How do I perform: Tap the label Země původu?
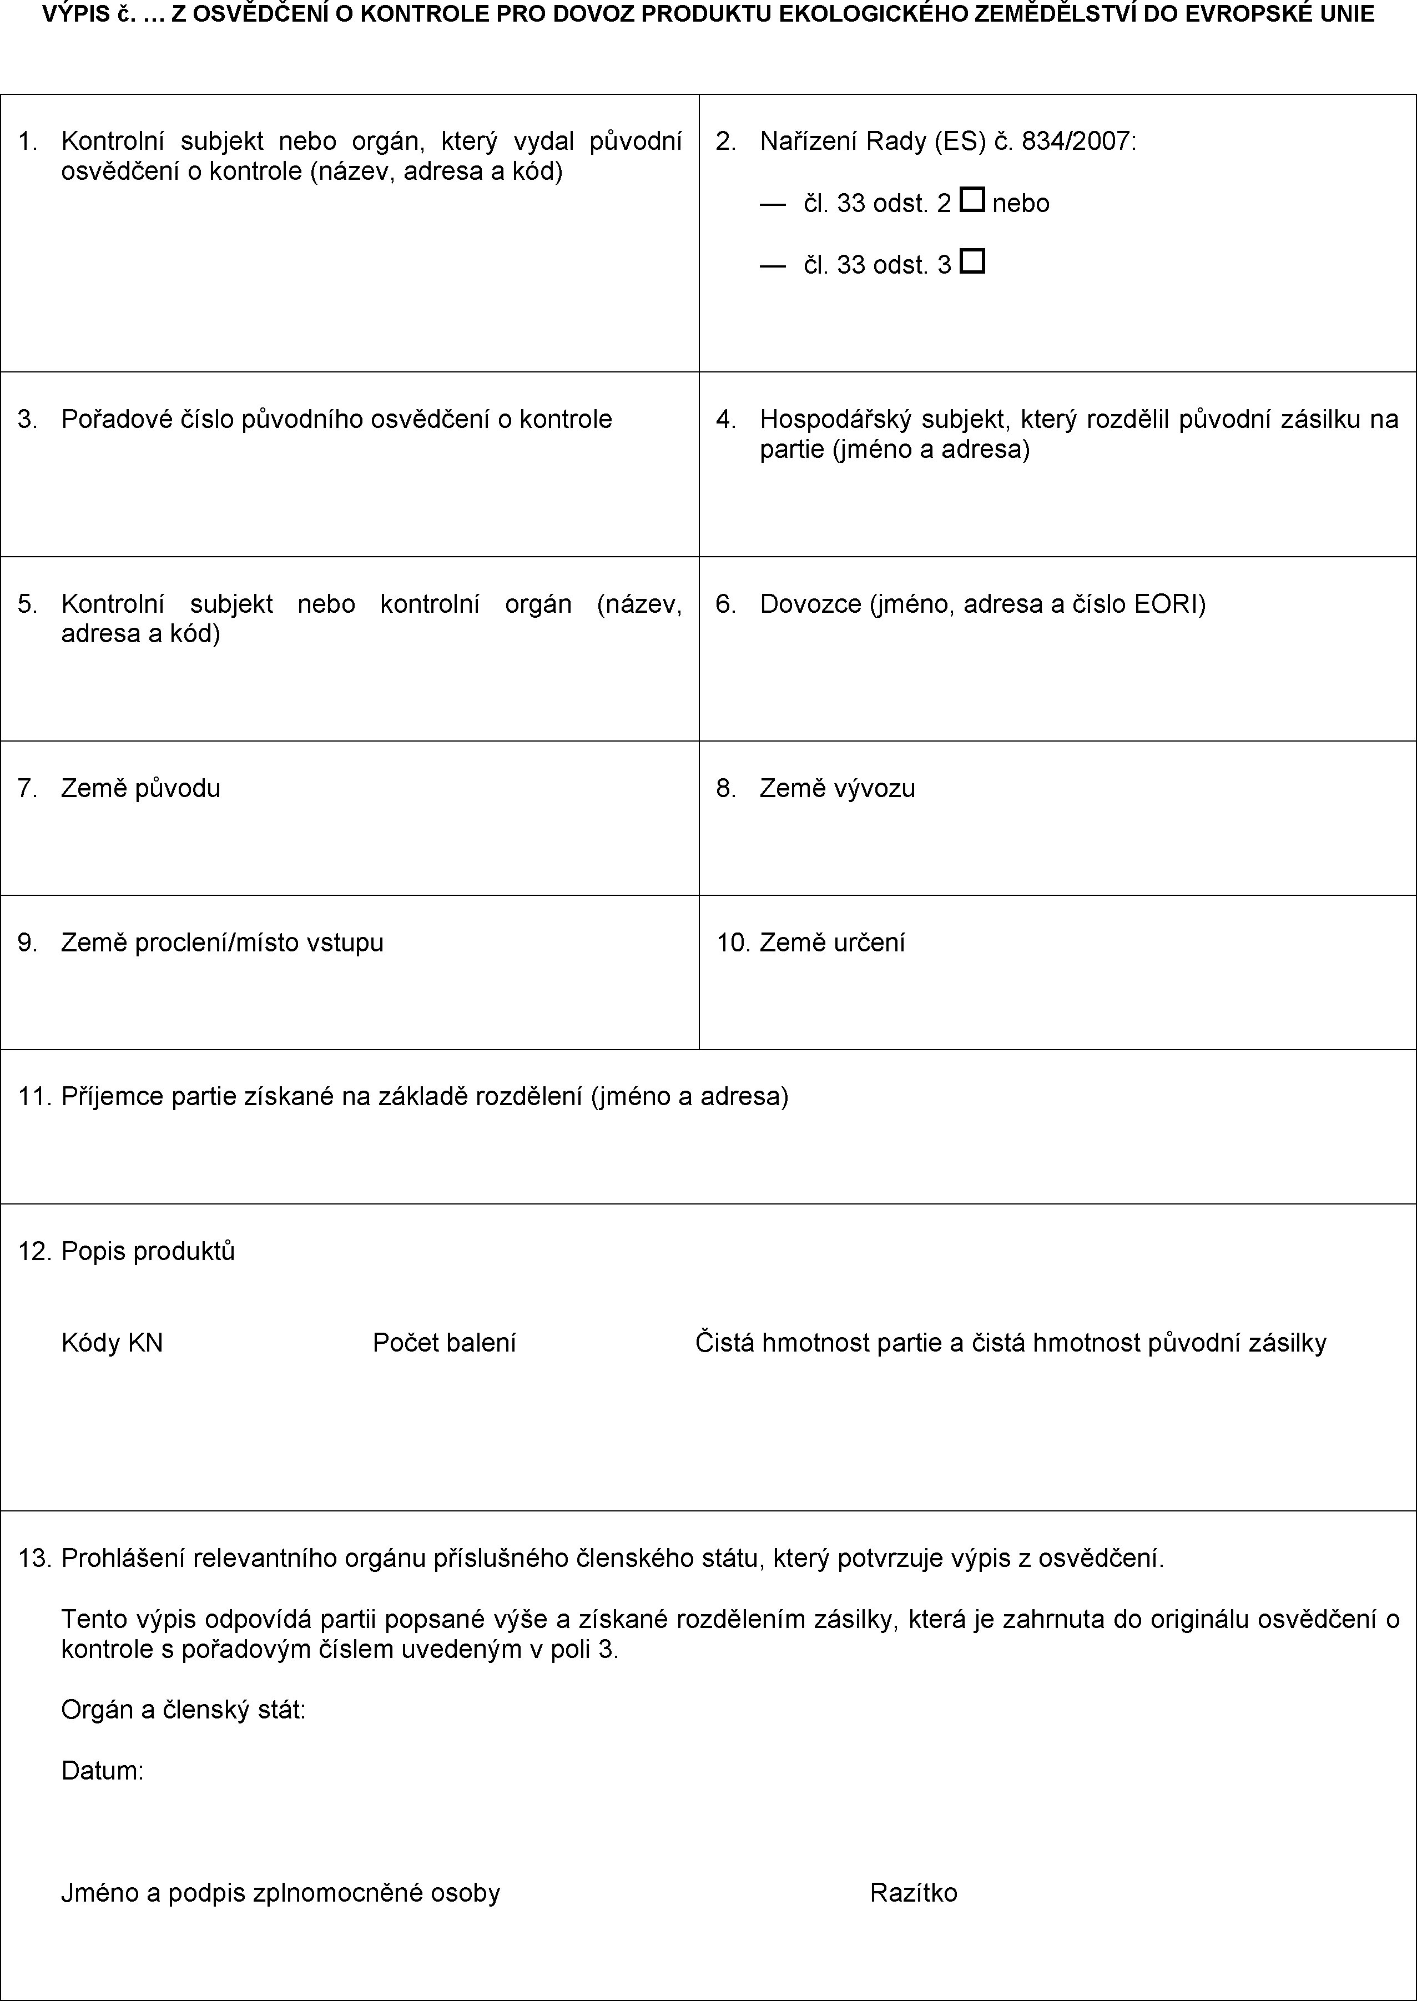pos(140,789)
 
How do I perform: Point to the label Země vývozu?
pos(838,789)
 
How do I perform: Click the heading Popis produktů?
pos(148,1252)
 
